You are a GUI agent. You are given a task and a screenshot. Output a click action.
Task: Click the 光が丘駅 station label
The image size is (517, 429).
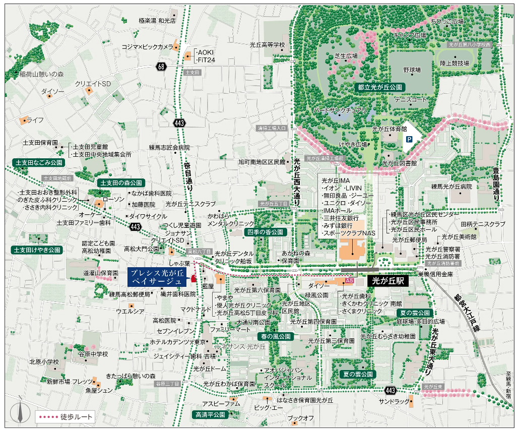point(389,279)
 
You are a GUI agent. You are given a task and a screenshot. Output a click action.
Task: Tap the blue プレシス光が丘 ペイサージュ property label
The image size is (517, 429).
point(156,276)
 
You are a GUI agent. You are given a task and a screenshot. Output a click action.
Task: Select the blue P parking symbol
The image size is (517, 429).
point(410,138)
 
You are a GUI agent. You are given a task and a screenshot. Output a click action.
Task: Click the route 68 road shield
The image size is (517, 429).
point(161,66)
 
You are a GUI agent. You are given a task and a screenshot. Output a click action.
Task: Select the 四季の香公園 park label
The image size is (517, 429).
point(266,232)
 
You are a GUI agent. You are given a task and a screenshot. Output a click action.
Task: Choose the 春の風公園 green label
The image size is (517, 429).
point(275,336)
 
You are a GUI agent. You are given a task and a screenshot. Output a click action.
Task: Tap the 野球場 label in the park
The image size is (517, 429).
point(412,70)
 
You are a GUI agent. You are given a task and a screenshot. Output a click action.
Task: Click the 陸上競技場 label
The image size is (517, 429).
point(454,64)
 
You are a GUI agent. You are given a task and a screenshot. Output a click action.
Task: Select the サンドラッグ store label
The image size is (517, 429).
point(395,401)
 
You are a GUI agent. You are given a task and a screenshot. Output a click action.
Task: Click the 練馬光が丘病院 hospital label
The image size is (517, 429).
point(451,187)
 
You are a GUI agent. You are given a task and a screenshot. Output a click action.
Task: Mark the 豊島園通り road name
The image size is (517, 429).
point(498,187)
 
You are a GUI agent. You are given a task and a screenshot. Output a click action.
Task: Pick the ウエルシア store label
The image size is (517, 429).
point(130,311)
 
